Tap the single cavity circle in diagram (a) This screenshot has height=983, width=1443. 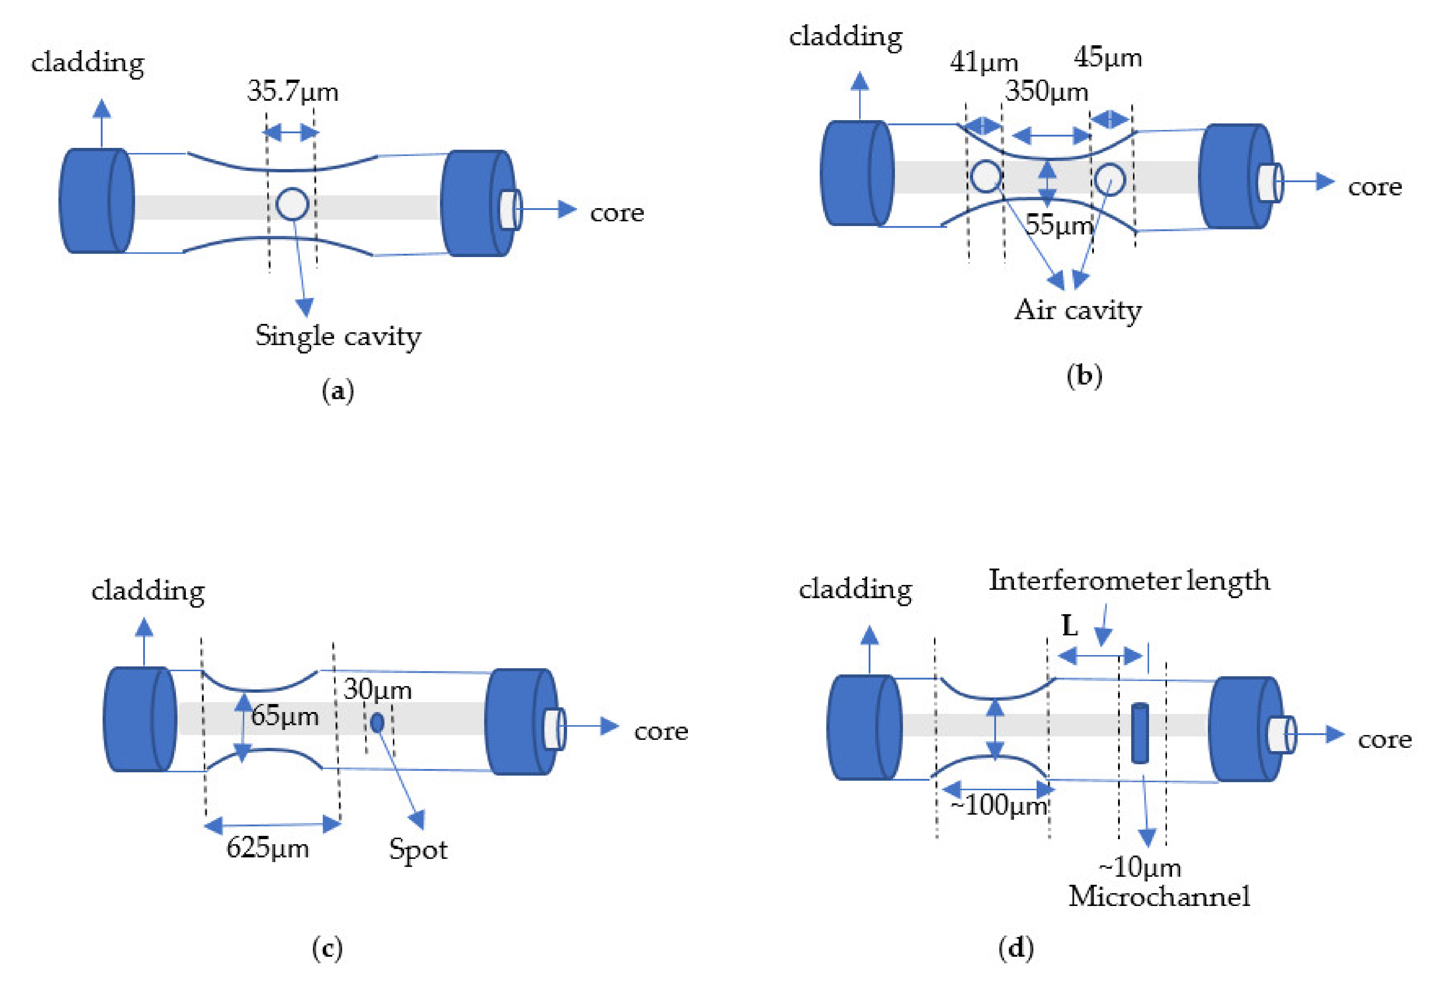[292, 204]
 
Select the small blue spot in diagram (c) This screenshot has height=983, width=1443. [377, 722]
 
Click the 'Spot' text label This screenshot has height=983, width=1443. [418, 849]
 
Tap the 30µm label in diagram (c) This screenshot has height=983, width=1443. [378, 689]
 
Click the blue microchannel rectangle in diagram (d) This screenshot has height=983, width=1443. [1139, 733]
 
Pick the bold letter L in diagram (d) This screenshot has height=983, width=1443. [1069, 626]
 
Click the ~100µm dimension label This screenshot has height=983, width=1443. [998, 806]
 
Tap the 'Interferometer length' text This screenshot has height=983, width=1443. [1129, 581]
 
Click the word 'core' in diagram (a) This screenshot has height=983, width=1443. [617, 213]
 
